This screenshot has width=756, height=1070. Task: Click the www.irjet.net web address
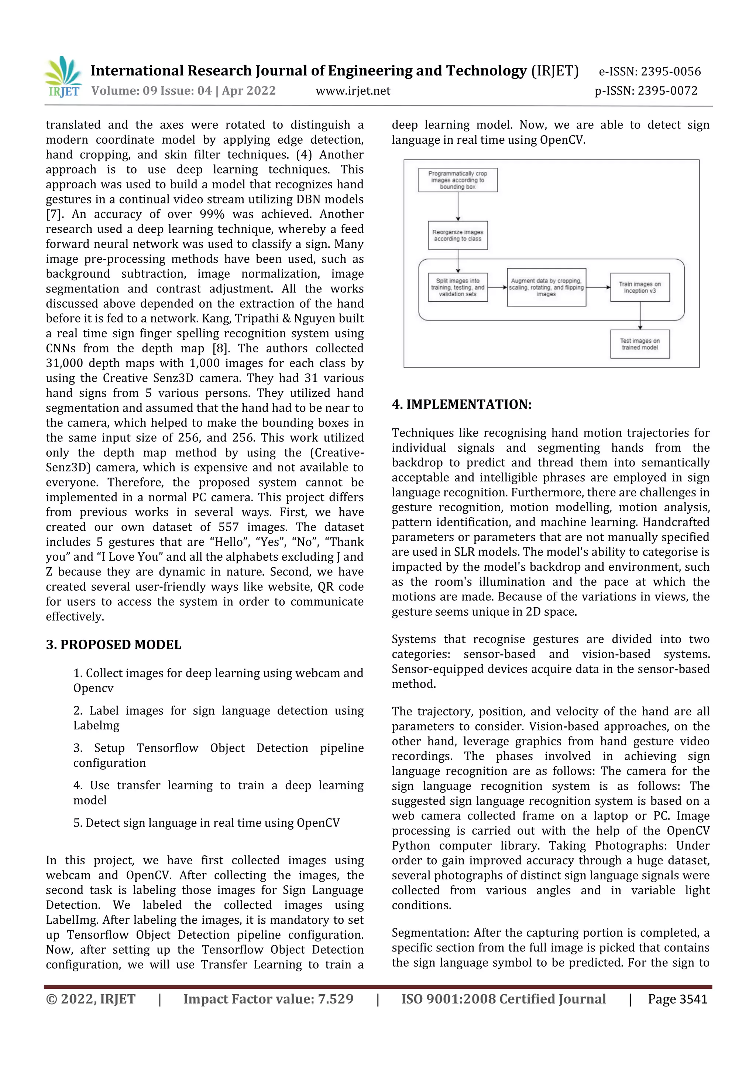click(353, 91)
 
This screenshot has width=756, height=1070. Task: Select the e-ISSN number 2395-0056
click(670, 71)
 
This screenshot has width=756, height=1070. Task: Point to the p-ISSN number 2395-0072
click(667, 91)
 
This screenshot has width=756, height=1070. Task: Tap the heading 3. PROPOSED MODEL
click(114, 645)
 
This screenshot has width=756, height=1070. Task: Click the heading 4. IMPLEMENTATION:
click(461, 404)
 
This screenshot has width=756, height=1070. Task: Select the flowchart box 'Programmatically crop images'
click(457, 180)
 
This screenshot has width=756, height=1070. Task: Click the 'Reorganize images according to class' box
click(457, 235)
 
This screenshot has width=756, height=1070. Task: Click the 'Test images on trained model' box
click(640, 344)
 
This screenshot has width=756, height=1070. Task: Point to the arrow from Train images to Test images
click(640, 316)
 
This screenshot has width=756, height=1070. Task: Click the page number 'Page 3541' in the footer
click(677, 999)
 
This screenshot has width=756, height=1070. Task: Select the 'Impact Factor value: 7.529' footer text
click(268, 999)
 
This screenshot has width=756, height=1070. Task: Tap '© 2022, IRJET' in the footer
click(90, 999)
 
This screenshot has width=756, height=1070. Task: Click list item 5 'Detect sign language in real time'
click(206, 823)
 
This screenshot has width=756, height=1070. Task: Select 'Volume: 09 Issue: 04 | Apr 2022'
click(183, 91)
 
